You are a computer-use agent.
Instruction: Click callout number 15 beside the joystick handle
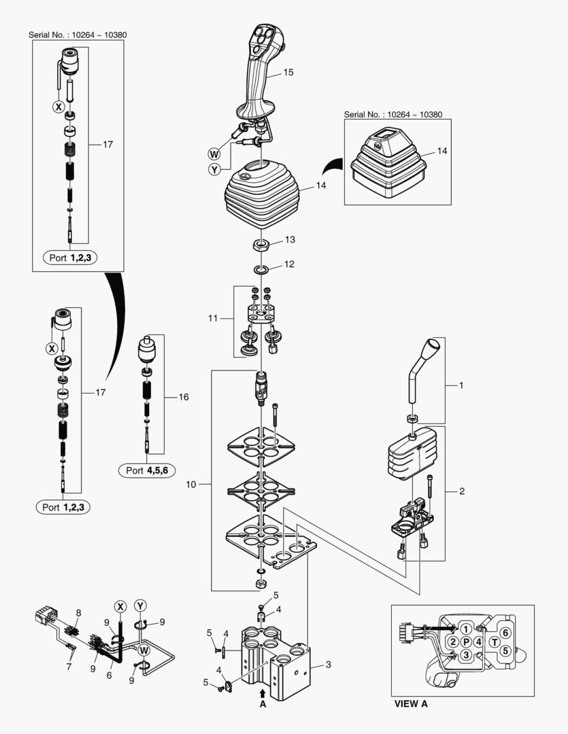pos(288,71)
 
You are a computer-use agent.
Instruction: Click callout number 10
pos(191,485)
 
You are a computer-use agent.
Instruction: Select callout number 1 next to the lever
pos(461,385)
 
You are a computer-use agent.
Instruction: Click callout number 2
pos(462,491)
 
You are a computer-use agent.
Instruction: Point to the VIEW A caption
pos(411,703)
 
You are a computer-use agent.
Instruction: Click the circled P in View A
pos(466,642)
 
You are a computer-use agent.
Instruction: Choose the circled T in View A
pos(495,642)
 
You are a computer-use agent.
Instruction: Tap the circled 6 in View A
pos(506,632)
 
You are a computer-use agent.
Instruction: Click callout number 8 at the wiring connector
pos(78,612)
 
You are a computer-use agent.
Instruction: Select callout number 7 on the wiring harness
pos(68,667)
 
